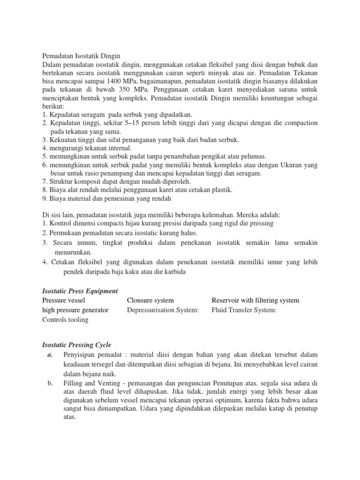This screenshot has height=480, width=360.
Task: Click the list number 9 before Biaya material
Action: [44, 198]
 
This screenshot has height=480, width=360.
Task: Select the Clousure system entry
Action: [150, 300]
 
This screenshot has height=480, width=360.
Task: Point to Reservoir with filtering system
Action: [255, 300]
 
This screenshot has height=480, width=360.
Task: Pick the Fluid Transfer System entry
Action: [244, 310]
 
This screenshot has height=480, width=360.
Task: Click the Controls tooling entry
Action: [65, 320]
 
